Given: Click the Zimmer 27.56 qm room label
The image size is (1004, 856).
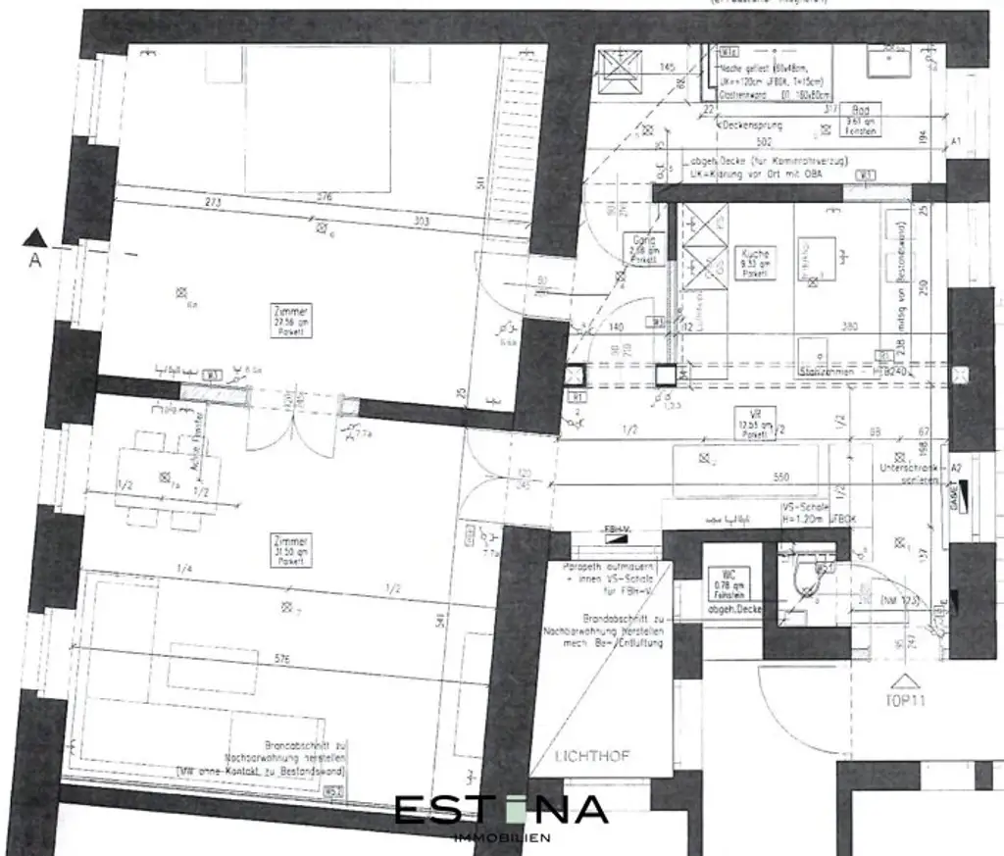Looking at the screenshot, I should (290, 321).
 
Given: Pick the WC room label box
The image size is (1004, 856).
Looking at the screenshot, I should (727, 580).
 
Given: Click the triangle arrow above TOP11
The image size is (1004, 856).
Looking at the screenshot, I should (901, 680).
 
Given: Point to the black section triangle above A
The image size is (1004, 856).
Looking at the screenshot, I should (36, 235).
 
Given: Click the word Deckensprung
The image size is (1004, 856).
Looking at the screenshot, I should (753, 126).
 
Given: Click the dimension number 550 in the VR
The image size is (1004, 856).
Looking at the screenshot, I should (781, 477).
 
